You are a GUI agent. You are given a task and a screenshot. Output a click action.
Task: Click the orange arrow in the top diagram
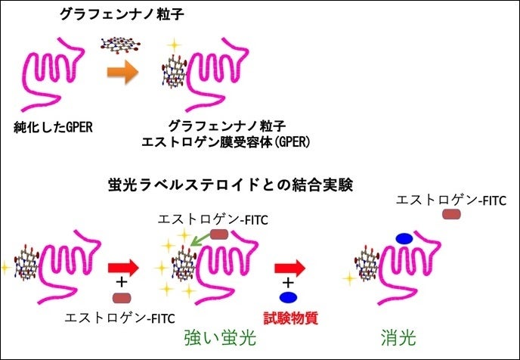122,72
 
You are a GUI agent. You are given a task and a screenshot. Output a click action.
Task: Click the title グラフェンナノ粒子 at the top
122,14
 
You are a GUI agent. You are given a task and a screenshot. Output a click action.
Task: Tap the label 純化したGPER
53,127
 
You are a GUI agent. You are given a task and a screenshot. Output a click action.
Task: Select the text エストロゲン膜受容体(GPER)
225,142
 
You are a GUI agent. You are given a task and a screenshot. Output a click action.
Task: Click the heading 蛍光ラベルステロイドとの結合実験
231,185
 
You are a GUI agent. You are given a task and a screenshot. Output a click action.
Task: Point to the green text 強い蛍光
220,338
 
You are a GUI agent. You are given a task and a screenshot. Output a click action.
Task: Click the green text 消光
398,338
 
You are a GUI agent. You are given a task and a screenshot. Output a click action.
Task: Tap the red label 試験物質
291,318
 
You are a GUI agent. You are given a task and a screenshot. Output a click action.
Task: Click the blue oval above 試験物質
288,297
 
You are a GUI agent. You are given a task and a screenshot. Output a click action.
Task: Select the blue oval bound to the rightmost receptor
404,238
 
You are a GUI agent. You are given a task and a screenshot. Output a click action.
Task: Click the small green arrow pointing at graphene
200,241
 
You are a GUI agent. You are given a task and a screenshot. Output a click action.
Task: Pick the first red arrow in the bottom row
123,268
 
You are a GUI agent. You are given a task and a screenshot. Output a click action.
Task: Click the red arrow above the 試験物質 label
289,268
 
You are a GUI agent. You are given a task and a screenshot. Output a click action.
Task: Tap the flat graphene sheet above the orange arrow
120,45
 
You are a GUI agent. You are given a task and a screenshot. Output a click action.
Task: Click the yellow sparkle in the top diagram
174,45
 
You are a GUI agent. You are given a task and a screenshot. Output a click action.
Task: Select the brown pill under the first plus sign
122,298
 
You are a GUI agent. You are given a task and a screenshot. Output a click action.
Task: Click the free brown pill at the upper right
451,214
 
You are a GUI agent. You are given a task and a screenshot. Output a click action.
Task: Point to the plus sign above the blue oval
289,283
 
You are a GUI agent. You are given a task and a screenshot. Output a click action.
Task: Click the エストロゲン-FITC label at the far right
451,200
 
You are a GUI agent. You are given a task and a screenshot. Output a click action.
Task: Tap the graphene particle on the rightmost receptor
367,264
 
